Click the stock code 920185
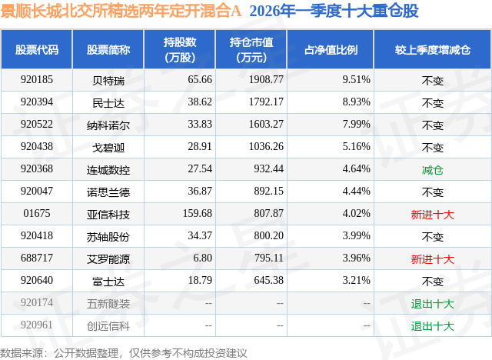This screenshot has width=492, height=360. (x=37, y=79)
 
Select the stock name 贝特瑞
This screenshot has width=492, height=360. (x=108, y=79)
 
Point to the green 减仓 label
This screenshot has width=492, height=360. (x=433, y=169)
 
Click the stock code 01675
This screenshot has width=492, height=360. (x=37, y=214)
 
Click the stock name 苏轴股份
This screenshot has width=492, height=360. (x=108, y=236)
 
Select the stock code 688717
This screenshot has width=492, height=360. (x=37, y=258)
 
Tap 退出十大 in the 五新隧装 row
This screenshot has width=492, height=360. (x=433, y=304)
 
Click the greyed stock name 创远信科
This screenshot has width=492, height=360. (x=108, y=325)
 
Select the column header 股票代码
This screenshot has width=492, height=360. (x=37, y=50)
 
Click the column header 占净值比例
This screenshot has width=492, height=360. (x=336, y=50)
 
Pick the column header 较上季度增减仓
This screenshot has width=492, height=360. (x=433, y=50)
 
